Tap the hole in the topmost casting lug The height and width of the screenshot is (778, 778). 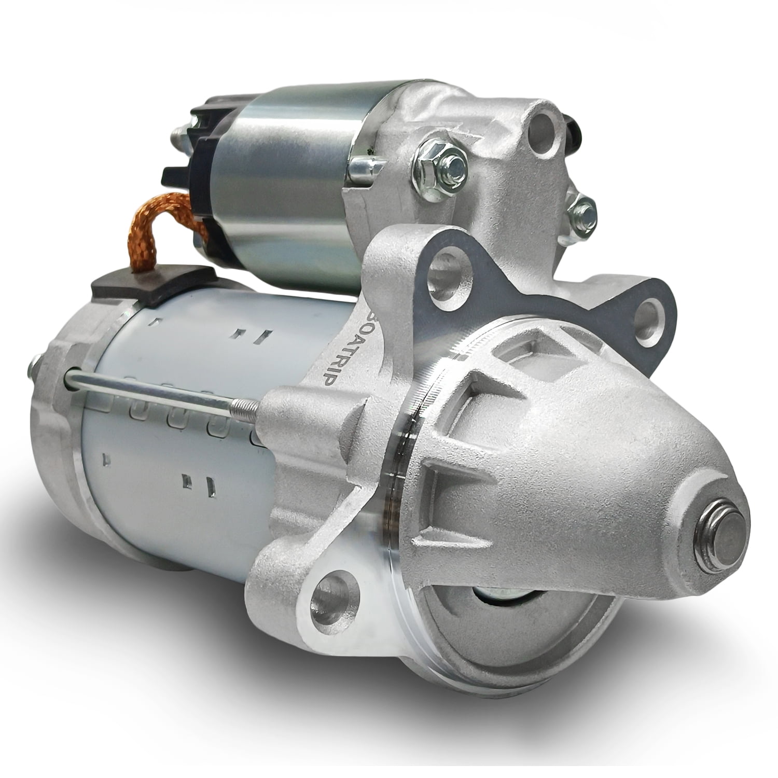[542, 124]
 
